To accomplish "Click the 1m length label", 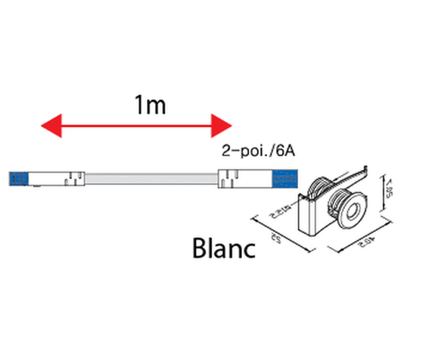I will tap(150, 105).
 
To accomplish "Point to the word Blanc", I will tap(225, 248).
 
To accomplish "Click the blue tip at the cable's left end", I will tap(18, 178).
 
